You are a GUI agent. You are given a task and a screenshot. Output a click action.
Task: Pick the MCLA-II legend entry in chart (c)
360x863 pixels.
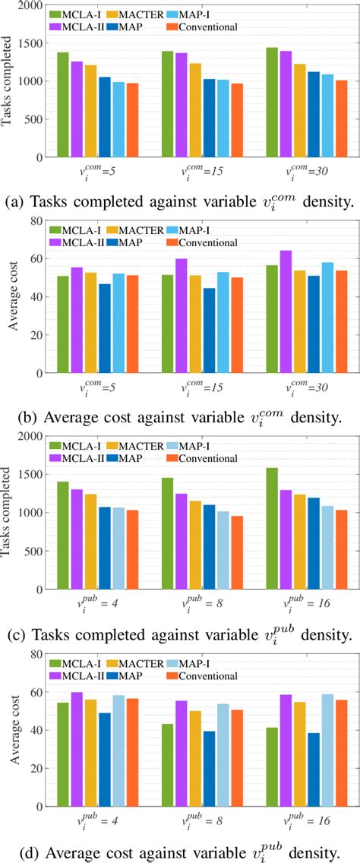coord(84,459)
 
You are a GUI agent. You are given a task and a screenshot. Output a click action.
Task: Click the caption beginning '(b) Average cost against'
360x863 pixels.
coord(180,417)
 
